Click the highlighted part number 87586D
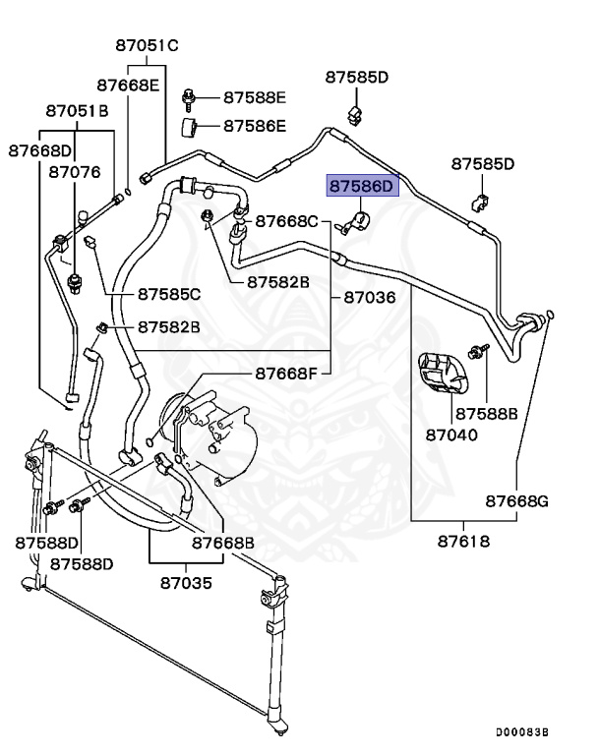(x=360, y=186)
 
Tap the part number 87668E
(x=128, y=85)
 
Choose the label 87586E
(x=254, y=126)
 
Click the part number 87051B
(x=76, y=111)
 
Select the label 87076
(x=75, y=171)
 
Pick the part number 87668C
(x=286, y=221)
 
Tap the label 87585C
(x=169, y=293)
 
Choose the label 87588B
(x=487, y=413)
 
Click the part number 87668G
(x=516, y=501)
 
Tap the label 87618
(x=464, y=542)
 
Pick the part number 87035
(x=186, y=582)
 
